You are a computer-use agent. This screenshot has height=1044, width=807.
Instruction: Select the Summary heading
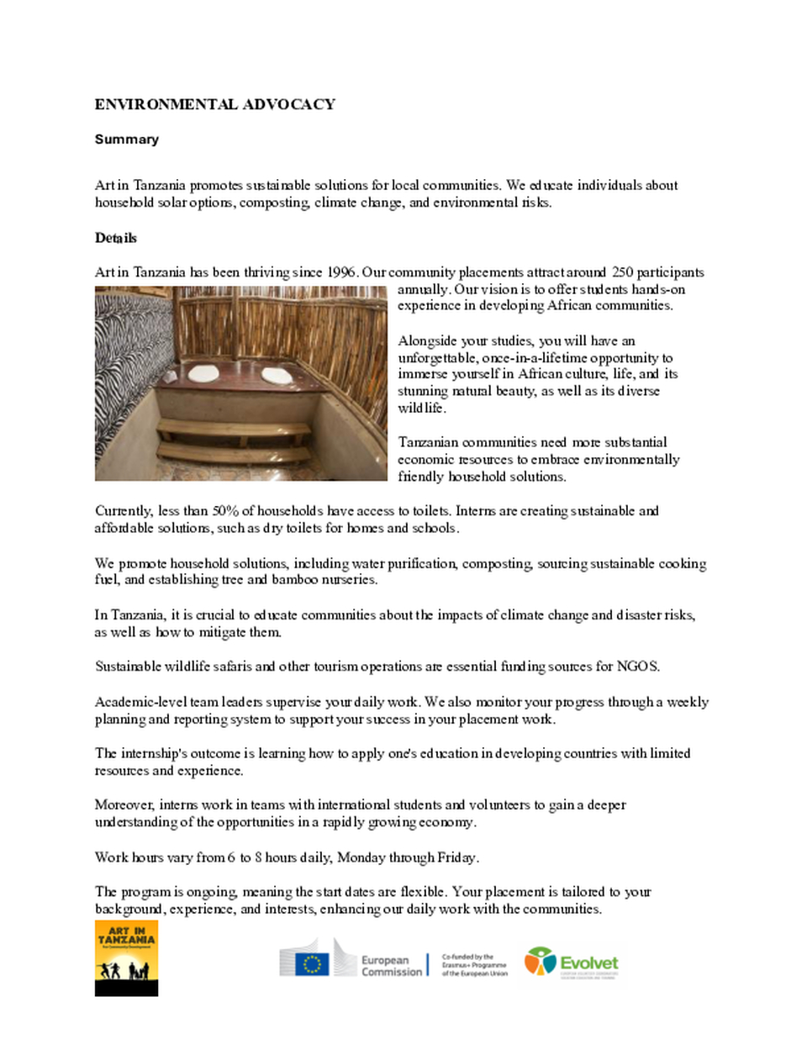126,140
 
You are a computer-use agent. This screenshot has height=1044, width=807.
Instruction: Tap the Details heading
115,238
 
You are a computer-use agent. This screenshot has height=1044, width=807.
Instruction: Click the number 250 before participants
622,272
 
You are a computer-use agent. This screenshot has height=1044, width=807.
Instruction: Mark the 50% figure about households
225,511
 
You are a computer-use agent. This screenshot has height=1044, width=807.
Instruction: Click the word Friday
456,857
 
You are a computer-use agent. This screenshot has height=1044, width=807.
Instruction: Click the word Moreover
124,804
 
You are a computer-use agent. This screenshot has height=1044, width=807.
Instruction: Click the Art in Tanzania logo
126,957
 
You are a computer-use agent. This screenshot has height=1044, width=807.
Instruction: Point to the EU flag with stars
312,963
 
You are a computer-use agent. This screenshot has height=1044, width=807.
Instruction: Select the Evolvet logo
572,962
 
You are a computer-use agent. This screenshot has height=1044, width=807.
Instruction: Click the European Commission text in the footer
391,966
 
